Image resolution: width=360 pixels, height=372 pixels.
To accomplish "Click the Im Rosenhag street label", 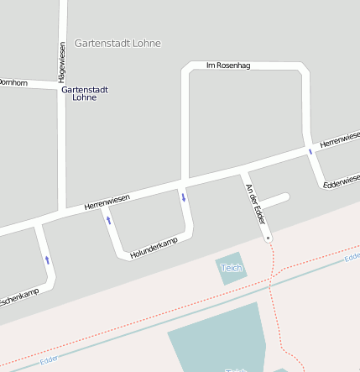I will click(x=228, y=65).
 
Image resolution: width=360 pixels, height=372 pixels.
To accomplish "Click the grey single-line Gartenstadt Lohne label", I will click(x=117, y=43).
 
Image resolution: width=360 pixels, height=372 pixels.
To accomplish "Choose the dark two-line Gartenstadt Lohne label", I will click(x=85, y=93).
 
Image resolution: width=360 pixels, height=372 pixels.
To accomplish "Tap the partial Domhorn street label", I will click(x=13, y=82).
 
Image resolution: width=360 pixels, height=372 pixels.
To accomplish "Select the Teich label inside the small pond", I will click(x=231, y=268).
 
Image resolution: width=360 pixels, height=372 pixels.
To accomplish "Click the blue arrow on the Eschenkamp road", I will click(x=47, y=260).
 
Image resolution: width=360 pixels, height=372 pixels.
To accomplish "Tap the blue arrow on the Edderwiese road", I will click(x=310, y=152).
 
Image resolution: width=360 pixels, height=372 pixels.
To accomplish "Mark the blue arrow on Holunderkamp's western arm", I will click(x=108, y=220).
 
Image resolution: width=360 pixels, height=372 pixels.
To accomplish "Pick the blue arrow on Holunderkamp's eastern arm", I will click(x=183, y=197).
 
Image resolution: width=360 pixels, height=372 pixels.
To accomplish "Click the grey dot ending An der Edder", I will click(x=269, y=238).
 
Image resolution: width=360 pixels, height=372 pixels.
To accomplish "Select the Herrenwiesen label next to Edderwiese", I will click(x=341, y=135).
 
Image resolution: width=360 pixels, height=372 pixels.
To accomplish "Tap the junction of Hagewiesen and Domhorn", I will click(x=63, y=87).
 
